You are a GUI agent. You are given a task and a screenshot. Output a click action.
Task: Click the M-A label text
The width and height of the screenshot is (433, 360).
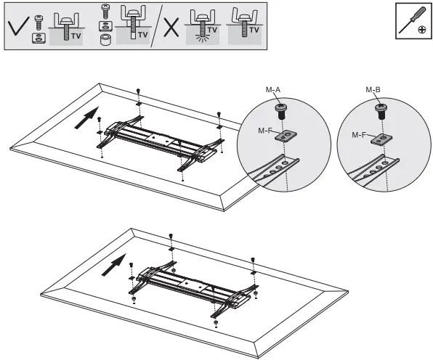[273, 89]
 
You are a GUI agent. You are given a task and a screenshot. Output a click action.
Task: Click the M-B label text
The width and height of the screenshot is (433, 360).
[373, 89]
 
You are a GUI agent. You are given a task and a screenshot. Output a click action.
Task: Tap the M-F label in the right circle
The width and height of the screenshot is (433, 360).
[360, 135]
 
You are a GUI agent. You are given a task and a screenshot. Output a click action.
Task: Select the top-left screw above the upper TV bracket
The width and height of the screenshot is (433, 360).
[138, 91]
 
